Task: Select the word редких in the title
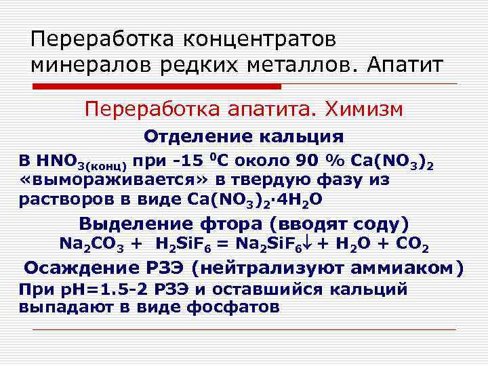tap(201, 66)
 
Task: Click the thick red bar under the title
tap(157, 87)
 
